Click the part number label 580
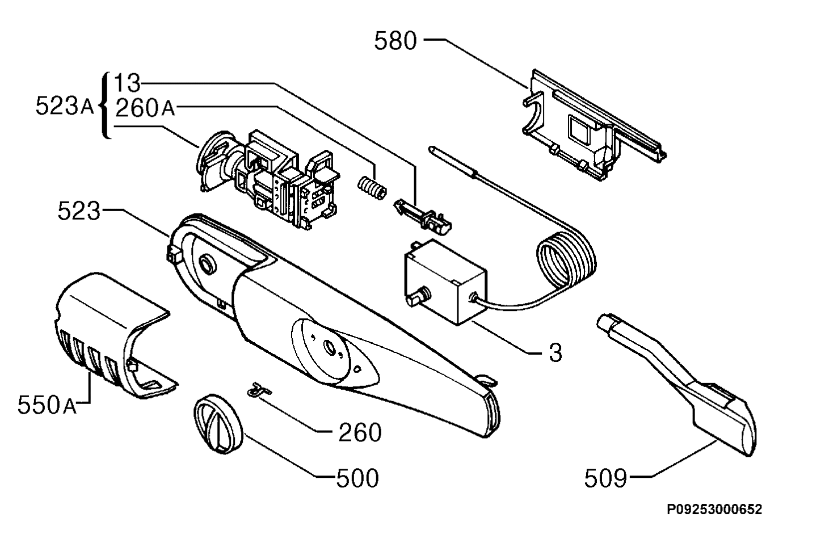click(x=395, y=40)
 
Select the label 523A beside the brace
click(x=65, y=106)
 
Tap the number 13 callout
click(x=127, y=83)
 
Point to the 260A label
click(x=145, y=108)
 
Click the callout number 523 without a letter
click(x=79, y=211)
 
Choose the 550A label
click(x=47, y=405)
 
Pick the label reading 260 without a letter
click(x=360, y=432)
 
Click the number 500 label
click(x=357, y=478)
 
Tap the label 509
click(x=605, y=478)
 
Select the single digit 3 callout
click(x=555, y=352)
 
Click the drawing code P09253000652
click(x=714, y=510)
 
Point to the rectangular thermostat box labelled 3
click(x=445, y=283)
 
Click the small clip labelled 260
click(x=259, y=390)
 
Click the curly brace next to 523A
click(x=105, y=106)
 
